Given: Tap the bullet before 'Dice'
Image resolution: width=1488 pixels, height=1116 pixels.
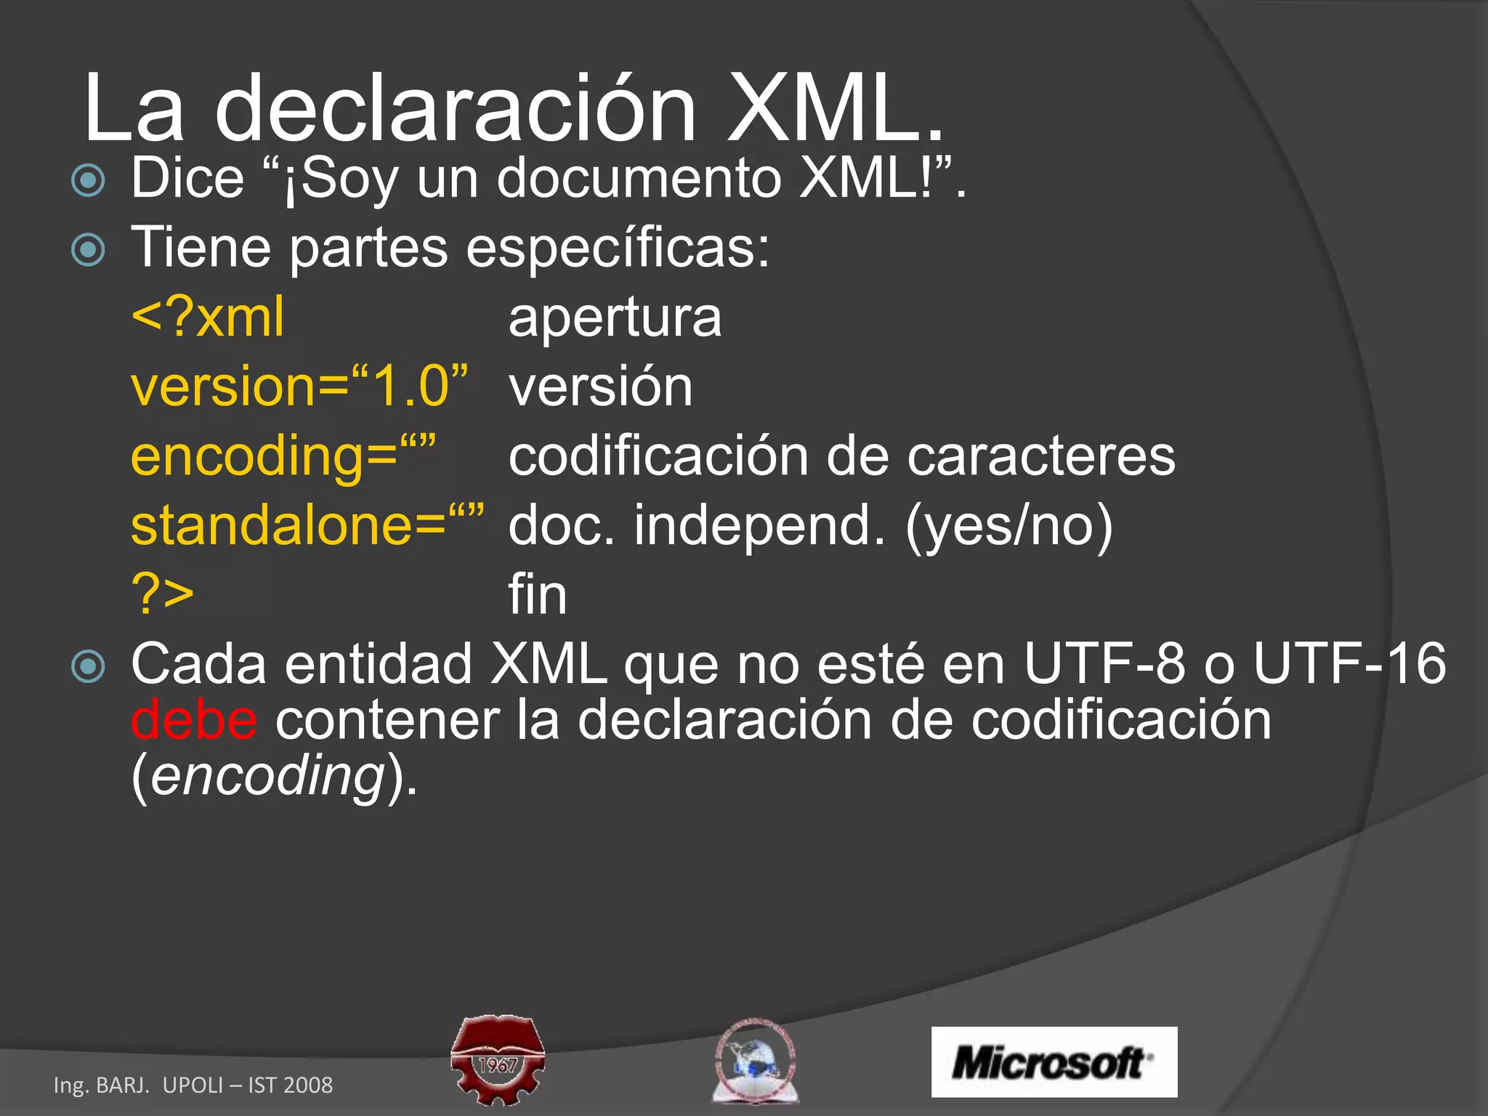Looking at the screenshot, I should click(89, 179).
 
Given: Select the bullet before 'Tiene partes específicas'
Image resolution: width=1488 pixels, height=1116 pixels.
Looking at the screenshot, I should click(89, 250).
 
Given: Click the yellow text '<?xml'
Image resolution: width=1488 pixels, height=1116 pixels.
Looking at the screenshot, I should click(208, 318).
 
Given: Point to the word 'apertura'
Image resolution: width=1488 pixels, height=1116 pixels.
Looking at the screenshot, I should click(615, 318).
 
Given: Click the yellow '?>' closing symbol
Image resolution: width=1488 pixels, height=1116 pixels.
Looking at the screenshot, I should click(163, 594).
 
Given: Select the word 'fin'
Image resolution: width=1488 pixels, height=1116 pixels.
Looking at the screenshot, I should click(537, 594).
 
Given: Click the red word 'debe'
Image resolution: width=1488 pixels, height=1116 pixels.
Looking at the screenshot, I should click(194, 720).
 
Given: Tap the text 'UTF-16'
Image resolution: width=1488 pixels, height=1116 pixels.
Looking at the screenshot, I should click(1349, 663).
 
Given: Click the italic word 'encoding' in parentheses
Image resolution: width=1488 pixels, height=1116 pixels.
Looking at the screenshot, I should click(267, 776).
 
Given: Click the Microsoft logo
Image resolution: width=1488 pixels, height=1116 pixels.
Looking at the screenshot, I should click(1054, 1062).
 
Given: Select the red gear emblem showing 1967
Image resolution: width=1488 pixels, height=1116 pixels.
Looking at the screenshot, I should click(498, 1061).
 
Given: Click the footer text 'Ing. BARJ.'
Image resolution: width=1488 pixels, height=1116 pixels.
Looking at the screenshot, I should click(102, 1085).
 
